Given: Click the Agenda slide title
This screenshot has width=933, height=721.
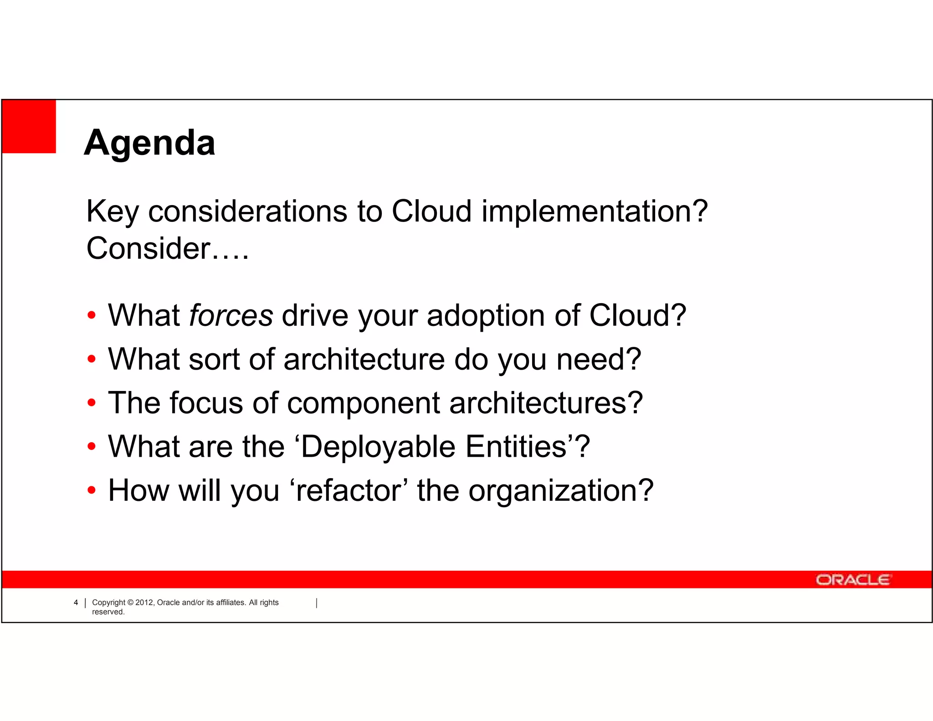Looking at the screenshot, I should [149, 143].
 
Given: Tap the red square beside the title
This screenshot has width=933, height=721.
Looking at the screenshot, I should [29, 126].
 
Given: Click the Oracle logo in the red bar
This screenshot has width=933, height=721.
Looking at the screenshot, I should [853, 580].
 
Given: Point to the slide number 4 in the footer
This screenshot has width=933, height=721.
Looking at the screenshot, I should [76, 603].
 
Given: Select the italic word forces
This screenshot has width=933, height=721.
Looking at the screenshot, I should [231, 315].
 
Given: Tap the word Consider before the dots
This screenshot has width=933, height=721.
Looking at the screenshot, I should [149, 249].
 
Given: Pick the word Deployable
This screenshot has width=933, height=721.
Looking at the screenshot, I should [378, 447].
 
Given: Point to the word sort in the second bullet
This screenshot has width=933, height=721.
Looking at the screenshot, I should [214, 359].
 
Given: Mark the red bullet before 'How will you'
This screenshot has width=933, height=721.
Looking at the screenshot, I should [92, 490].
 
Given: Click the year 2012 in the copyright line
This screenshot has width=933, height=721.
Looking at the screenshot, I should [145, 603].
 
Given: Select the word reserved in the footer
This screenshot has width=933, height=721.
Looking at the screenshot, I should [108, 612].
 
